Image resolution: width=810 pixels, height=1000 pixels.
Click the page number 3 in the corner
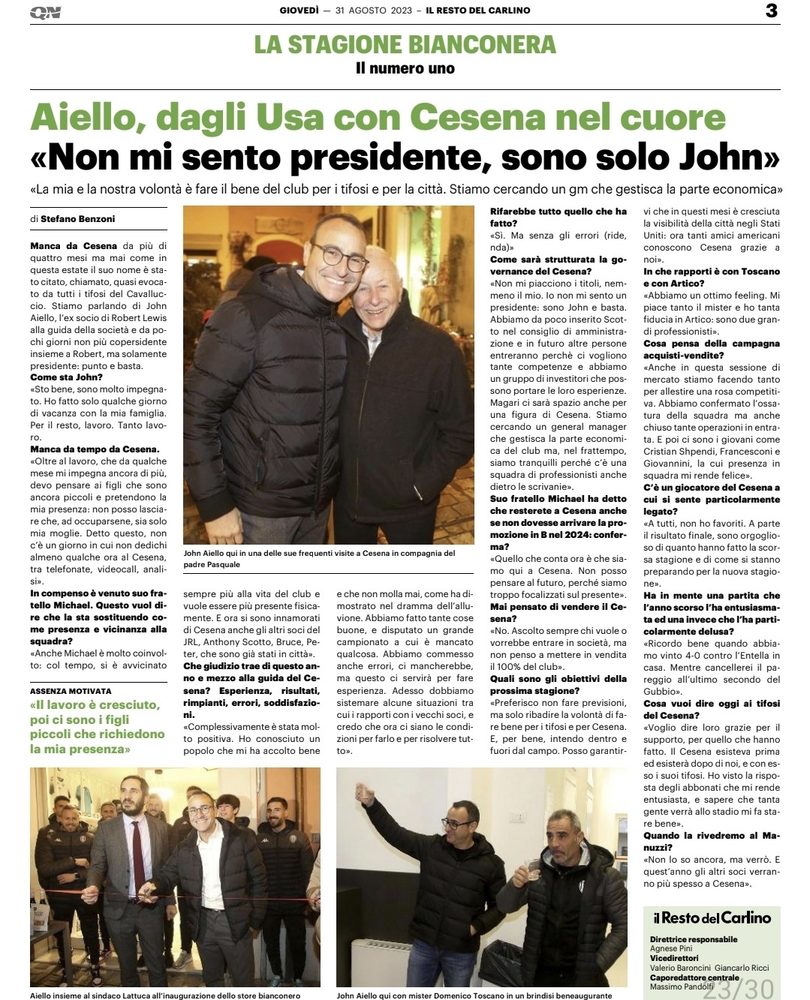coord(772,11)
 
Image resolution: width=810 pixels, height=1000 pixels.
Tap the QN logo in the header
coord(46,12)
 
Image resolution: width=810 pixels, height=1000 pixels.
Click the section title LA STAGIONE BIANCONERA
coord(405,44)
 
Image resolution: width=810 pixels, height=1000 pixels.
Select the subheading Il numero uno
coord(405,68)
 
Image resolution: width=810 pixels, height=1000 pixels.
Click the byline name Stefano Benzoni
coord(78,219)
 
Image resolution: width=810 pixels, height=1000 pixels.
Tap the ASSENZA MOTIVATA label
coord(71,691)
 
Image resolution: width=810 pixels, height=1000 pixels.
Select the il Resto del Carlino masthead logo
coord(711,917)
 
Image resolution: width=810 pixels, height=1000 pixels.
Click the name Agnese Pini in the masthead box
coord(671,948)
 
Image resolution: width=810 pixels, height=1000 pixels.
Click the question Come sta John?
coord(67,377)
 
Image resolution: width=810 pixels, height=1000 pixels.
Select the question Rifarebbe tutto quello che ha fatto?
coord(558,218)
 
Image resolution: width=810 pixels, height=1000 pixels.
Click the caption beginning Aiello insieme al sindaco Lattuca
coord(165,995)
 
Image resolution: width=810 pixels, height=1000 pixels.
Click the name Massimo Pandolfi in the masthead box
coord(682,986)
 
